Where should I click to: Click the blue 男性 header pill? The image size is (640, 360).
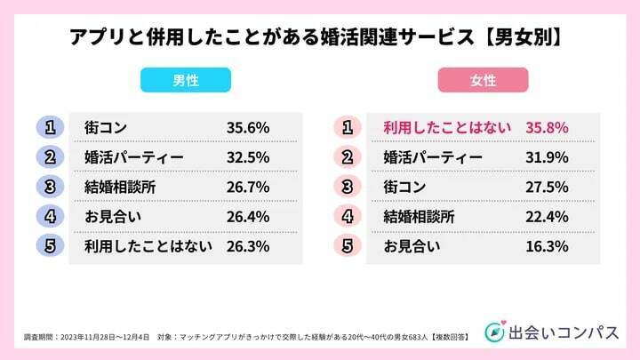point(186,81)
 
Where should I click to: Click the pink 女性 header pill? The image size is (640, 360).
point(483,81)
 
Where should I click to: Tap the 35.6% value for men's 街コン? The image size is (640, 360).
point(248,127)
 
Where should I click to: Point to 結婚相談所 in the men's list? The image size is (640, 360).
point(121,187)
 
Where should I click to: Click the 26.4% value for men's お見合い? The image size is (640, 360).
point(248,216)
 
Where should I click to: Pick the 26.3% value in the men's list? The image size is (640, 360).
point(248,246)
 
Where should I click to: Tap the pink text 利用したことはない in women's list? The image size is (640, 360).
point(446,127)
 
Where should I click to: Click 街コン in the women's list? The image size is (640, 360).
point(405,187)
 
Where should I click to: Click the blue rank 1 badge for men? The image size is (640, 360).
point(51,127)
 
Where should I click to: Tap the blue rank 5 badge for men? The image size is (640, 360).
point(51,246)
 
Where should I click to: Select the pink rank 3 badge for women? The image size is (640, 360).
point(348,187)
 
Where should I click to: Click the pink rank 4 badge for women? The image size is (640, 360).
point(348,216)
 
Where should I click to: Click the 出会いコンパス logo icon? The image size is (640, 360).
point(494,330)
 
